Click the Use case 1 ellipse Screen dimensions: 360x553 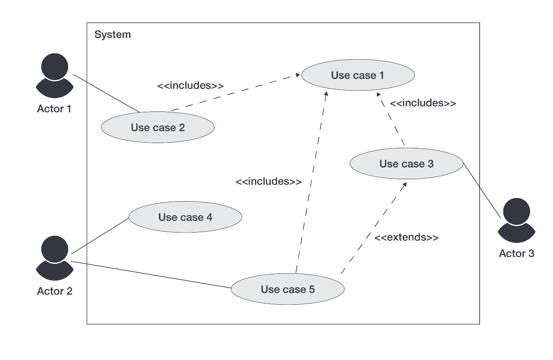(358, 75)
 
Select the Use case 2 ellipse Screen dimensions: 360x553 (158, 127)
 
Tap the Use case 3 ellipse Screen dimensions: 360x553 (406, 164)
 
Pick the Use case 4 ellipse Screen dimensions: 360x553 (185, 217)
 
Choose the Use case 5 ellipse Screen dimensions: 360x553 (288, 289)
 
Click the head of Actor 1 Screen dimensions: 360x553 (55, 67)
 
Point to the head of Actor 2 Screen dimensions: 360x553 (55, 249)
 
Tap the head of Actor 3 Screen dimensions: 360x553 (517, 211)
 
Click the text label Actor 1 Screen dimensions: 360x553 (54, 109)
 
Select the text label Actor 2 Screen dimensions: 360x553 (55, 291)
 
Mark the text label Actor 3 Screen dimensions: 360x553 (517, 253)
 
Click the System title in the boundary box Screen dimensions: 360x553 (113, 34)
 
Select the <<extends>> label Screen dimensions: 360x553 (406, 237)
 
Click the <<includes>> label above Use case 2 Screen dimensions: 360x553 (190, 85)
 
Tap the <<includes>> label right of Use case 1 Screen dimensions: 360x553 (423, 103)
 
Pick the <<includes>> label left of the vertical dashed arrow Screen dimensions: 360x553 (268, 182)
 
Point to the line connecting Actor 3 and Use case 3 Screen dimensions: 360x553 (482, 190)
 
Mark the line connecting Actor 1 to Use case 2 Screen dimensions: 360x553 (106, 93)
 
